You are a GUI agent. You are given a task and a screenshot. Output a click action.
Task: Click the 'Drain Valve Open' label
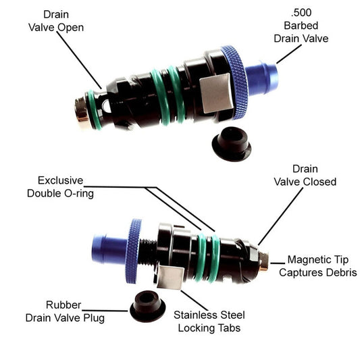click(x=56, y=21)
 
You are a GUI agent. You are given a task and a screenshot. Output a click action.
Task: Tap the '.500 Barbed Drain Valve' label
click(x=301, y=26)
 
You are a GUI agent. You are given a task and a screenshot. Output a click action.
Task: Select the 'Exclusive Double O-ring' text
click(x=60, y=187)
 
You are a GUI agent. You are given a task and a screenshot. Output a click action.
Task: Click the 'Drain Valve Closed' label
click(x=305, y=176)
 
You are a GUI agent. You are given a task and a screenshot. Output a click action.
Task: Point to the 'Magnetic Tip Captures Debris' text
click(x=318, y=266)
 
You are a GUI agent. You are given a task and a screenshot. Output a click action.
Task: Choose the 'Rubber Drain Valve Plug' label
click(x=65, y=311)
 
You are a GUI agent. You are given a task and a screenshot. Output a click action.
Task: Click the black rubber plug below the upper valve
click(x=232, y=144)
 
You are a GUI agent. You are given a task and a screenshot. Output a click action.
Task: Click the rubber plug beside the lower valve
click(x=147, y=306)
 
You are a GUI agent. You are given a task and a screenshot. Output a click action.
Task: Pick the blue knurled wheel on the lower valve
click(x=133, y=251)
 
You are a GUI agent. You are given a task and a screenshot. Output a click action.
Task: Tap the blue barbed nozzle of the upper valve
click(x=262, y=78)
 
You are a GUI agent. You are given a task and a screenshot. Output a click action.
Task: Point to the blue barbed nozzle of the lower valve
click(x=109, y=249)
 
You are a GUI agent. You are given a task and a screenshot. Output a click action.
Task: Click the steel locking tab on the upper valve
click(x=216, y=93)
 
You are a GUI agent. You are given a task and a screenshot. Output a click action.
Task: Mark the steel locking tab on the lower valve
click(x=170, y=277)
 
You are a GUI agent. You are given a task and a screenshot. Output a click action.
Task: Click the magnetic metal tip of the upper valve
click(x=81, y=109)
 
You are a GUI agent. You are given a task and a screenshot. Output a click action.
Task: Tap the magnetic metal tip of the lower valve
click(x=263, y=261)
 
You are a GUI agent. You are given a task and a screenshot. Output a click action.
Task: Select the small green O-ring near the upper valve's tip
click(x=94, y=109)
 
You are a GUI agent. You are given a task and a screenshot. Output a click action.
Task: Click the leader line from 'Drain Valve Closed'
click(x=280, y=217)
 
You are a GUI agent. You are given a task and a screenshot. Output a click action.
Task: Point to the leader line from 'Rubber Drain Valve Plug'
click(x=105, y=311)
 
